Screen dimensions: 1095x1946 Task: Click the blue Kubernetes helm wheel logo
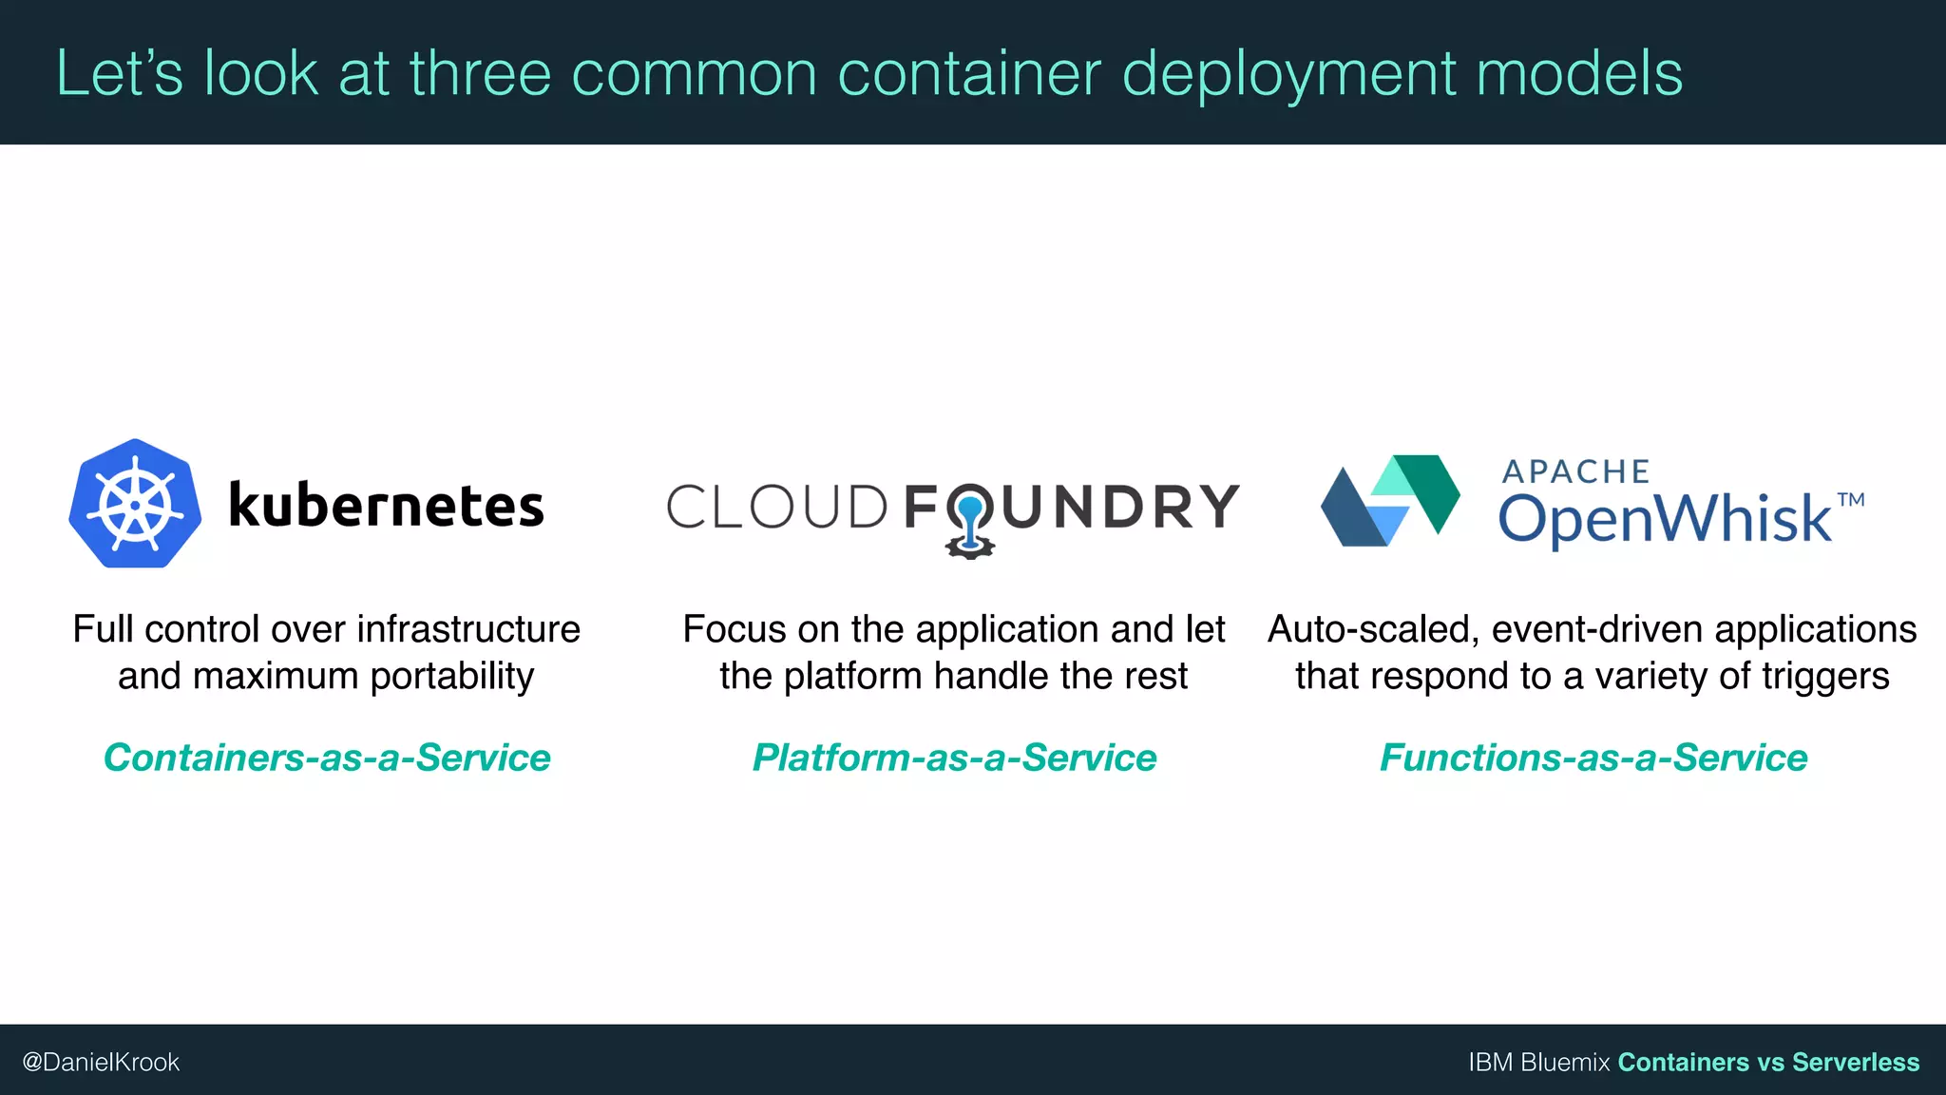[135, 504]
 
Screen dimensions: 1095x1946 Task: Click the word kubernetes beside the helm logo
[386, 505]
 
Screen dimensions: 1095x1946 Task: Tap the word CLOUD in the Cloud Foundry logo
[776, 507]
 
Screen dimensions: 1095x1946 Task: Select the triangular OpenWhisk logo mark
[1390, 501]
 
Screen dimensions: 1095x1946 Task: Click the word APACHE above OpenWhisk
[1575, 471]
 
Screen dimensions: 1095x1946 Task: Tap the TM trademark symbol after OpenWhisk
[1850, 500]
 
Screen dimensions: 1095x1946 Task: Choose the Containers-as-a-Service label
[327, 758]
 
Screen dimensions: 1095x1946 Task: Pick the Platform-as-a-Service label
[954, 758]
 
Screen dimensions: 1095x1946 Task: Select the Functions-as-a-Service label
[1593, 758]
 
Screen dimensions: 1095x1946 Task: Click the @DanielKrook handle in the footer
[101, 1062]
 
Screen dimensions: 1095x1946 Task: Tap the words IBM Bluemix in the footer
[1538, 1062]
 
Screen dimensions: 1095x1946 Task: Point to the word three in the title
[480, 73]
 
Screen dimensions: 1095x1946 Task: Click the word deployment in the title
[1288, 73]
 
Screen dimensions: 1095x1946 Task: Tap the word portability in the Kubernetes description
[452, 677]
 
